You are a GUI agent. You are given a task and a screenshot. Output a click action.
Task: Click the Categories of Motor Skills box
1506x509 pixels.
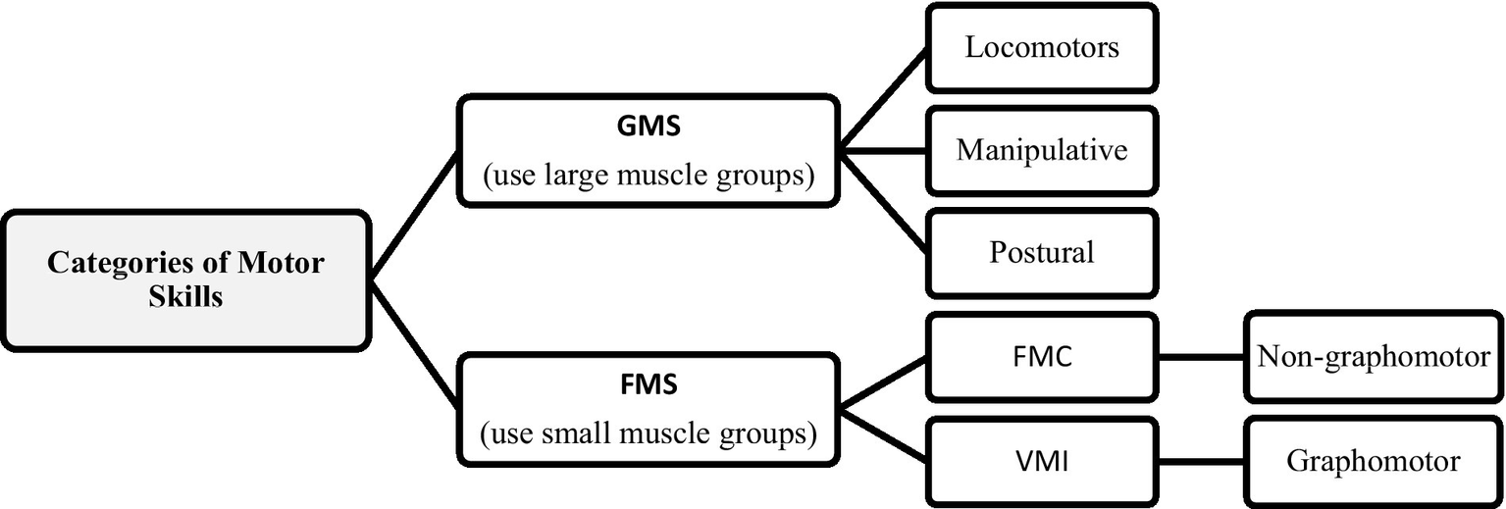186,280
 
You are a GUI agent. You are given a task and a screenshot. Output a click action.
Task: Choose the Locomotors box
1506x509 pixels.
1042,48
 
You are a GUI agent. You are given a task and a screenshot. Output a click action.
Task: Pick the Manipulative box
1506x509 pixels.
1042,150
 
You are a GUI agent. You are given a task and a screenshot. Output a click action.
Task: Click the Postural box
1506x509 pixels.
1042,252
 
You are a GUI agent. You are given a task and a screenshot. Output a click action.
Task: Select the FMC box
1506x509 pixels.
1042,357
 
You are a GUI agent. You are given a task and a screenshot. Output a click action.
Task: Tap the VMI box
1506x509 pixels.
1042,461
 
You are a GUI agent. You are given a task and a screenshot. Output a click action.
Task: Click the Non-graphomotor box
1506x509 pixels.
1374,357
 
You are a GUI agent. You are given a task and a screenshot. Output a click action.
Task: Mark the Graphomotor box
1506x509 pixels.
1374,461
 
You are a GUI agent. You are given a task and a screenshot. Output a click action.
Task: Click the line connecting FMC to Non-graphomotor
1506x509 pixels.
1201,357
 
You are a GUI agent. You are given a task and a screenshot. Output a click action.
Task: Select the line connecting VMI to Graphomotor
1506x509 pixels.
1201,461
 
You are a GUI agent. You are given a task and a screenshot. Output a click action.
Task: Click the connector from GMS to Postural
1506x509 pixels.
885,203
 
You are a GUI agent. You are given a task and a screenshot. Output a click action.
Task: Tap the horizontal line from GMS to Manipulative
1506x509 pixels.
883,150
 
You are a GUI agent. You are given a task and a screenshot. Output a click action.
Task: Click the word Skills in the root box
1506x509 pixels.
186,296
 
